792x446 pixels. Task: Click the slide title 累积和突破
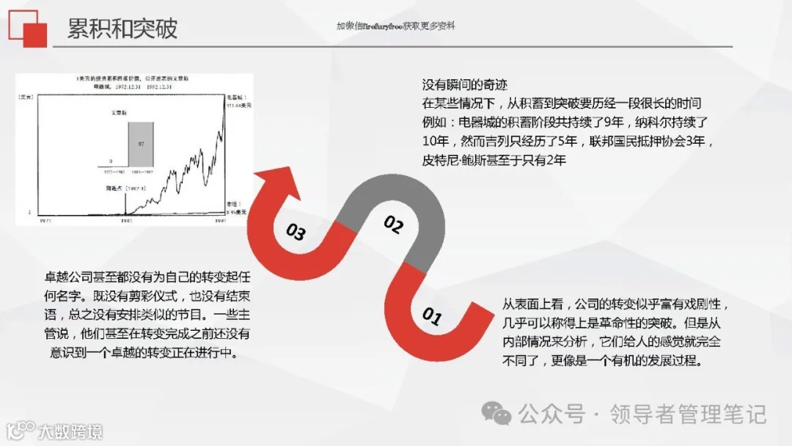(x=122, y=29)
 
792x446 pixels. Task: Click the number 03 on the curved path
(x=296, y=233)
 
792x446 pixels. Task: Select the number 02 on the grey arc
(x=394, y=225)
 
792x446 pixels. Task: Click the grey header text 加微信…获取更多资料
(x=395, y=26)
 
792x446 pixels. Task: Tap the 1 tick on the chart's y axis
(x=30, y=212)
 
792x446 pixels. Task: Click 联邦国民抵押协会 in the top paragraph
(x=645, y=141)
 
